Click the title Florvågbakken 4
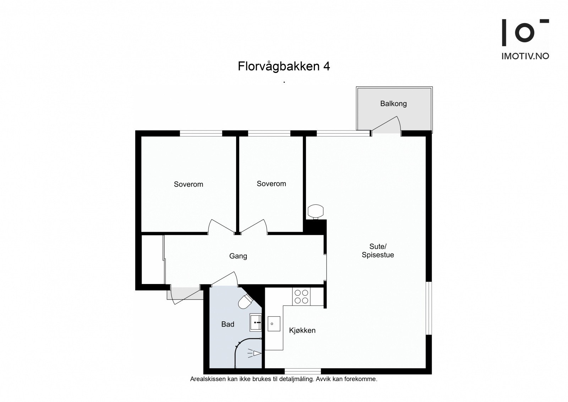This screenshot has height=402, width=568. (284, 66)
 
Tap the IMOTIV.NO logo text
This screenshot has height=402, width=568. (525, 56)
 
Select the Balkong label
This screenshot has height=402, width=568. (393, 104)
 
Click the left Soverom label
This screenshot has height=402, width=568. (188, 184)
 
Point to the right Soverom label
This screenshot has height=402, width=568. (271, 184)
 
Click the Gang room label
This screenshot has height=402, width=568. (238, 256)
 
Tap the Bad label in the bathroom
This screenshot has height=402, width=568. (228, 324)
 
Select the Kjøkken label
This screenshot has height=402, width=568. (302, 331)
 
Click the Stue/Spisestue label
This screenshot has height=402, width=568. (378, 251)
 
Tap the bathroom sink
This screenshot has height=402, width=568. (256, 322)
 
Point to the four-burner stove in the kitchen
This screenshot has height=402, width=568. (301, 296)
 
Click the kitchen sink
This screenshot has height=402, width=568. (274, 324)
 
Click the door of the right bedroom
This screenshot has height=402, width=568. (254, 227)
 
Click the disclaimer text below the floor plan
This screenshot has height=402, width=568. (284, 379)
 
